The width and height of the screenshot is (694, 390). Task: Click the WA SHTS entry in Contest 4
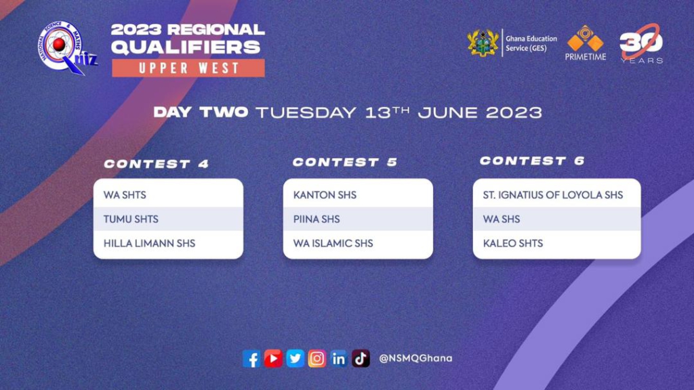click(x=125, y=195)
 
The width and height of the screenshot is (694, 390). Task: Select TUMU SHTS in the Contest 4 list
click(x=131, y=219)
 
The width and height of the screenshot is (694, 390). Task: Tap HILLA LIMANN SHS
click(x=149, y=243)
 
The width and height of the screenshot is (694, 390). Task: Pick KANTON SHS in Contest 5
click(x=325, y=195)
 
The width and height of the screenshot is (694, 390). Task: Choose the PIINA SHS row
click(x=317, y=219)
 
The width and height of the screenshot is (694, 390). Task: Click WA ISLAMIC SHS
click(x=333, y=243)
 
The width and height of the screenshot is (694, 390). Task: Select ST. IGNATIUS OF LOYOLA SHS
click(x=553, y=195)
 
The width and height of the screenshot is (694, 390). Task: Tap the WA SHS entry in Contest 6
click(x=502, y=219)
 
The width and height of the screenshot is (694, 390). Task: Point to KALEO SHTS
click(x=513, y=243)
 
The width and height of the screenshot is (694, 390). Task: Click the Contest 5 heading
click(x=345, y=162)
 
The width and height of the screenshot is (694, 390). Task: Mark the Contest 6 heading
click(x=533, y=161)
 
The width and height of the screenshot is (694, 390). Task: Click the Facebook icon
click(x=251, y=359)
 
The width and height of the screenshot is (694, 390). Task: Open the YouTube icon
click(x=273, y=358)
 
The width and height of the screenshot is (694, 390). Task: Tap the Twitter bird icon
click(x=295, y=358)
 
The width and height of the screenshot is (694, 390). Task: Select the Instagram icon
click(x=317, y=358)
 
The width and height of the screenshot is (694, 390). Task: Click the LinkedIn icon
click(x=339, y=359)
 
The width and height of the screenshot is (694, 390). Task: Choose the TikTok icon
click(x=361, y=358)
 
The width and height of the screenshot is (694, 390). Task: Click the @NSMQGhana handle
click(x=415, y=358)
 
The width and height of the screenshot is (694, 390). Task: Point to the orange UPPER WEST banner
click(x=188, y=68)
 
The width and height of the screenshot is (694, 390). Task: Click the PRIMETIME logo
click(x=585, y=43)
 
